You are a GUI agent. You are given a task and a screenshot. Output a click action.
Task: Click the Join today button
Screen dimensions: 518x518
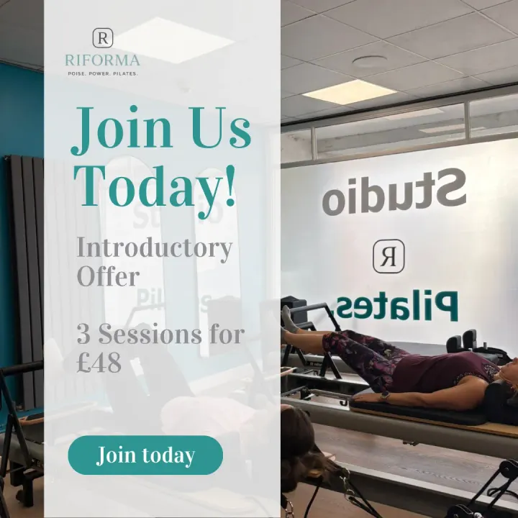pos(145,455)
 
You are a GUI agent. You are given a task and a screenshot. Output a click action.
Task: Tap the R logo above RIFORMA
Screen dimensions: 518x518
pos(103,38)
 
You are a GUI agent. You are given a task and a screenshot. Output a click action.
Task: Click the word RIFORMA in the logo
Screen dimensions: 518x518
pos(102,60)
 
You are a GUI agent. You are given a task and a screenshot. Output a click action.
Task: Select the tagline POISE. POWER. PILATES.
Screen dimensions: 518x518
pos(103,73)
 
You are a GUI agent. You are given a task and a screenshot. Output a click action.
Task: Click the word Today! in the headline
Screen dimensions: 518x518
pos(155,186)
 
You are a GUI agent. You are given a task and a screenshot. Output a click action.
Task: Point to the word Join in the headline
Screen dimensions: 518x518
pos(121,129)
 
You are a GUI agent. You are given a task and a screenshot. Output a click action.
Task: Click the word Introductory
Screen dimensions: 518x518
pos(154,248)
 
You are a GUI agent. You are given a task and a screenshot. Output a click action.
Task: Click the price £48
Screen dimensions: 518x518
pos(99,363)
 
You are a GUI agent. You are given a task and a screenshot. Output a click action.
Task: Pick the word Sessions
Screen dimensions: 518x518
pos(150,335)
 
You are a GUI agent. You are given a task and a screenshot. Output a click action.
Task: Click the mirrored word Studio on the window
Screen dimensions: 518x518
pos(394,191)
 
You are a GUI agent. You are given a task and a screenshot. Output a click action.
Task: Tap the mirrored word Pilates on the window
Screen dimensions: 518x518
pos(397,307)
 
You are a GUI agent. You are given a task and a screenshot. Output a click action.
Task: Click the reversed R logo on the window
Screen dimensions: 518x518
pos(388,256)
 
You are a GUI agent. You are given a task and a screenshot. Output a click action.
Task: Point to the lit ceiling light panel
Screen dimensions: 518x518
pos(350,93)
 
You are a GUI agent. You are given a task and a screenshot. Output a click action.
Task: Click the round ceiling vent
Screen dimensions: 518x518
pos(370,61)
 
